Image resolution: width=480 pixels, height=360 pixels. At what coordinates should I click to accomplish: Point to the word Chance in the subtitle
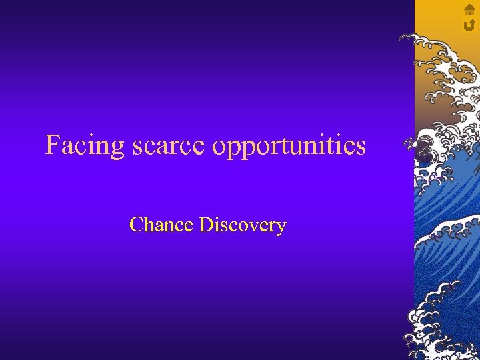pyautogui.click(x=162, y=225)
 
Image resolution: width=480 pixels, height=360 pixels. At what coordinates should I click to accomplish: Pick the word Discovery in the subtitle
pyautogui.click(x=243, y=225)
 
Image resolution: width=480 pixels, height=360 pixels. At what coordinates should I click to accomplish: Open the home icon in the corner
pyautogui.click(x=469, y=10)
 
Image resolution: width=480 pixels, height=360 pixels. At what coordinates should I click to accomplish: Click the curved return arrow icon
pyautogui.click(x=469, y=25)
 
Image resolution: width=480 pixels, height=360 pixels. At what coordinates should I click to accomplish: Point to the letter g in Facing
pyautogui.click(x=118, y=148)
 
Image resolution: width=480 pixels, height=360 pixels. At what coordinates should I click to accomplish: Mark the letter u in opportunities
pyautogui.click(x=300, y=147)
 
